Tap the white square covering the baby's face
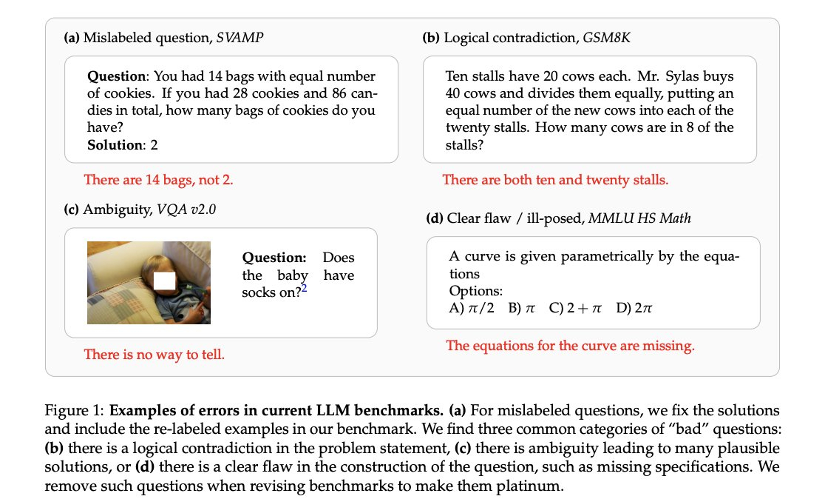point(164,281)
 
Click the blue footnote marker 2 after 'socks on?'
point(304,289)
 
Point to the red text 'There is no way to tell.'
point(154,355)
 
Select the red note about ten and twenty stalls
point(554,179)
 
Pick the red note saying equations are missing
point(570,346)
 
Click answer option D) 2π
point(634,308)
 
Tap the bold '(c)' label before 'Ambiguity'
point(72,210)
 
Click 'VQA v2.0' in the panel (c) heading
point(184,210)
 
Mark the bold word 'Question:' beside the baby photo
point(274,258)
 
